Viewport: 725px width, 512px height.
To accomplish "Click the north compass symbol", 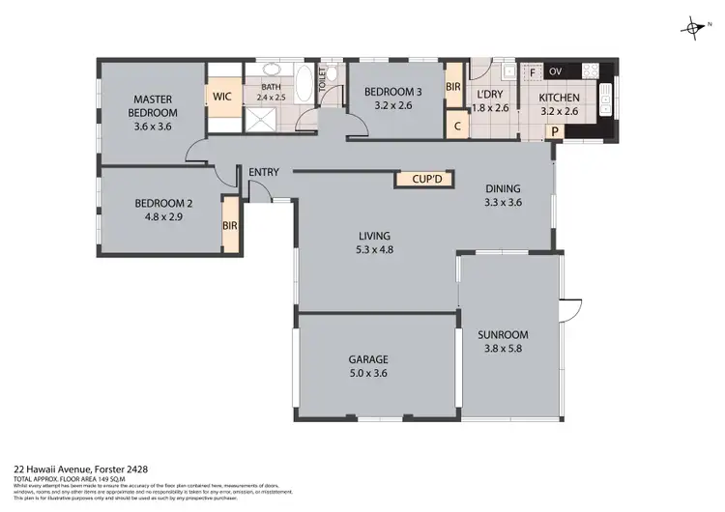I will click(x=693, y=26).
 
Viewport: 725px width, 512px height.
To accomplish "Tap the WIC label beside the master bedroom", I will click(x=222, y=98).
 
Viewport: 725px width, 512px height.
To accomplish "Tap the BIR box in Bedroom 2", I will click(x=230, y=225).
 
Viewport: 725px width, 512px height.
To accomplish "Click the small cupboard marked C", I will click(x=455, y=124).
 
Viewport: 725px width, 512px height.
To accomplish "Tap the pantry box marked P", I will click(x=555, y=132).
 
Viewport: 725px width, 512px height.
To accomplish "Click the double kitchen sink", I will click(x=606, y=96).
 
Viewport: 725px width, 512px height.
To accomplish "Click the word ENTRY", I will click(x=264, y=173).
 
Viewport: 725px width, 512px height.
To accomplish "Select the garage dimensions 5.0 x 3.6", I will click(x=367, y=373).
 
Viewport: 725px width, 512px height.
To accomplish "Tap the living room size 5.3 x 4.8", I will click(x=374, y=249).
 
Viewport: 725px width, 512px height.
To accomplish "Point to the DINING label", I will click(x=502, y=189).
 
